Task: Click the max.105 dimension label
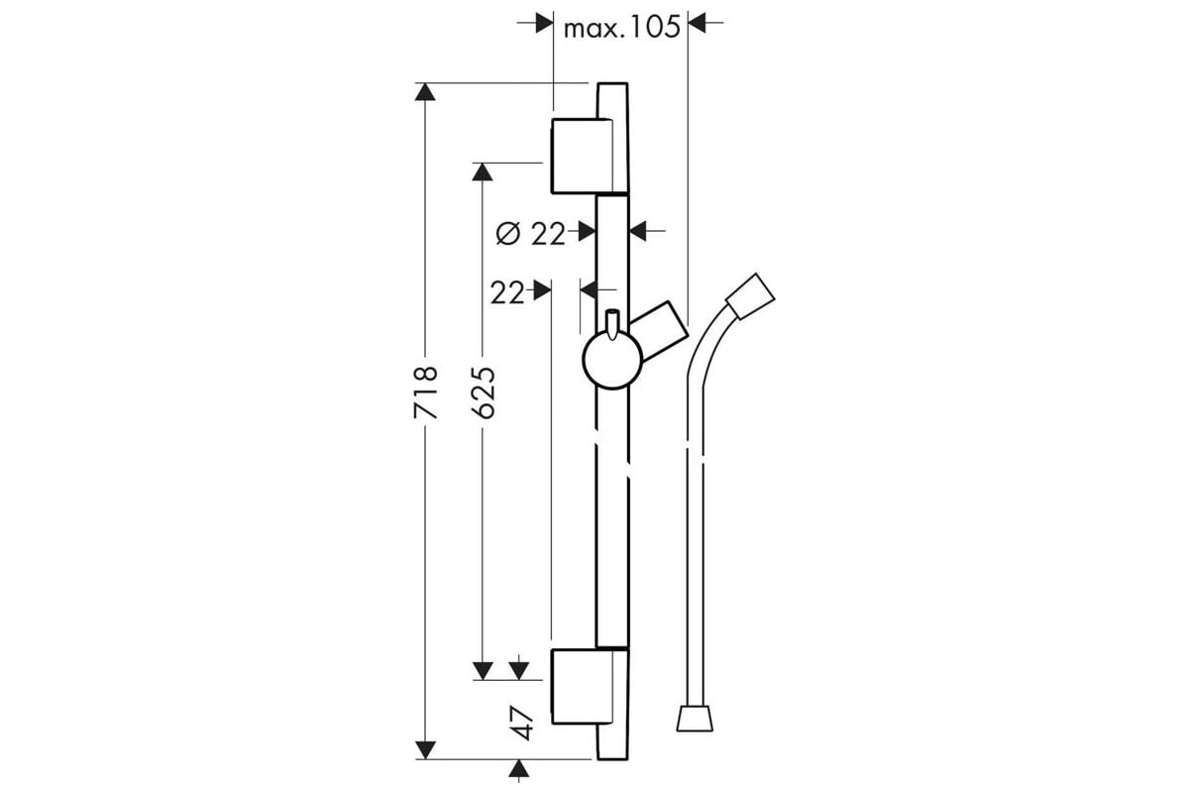621,27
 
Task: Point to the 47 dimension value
523,723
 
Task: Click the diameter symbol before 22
507,234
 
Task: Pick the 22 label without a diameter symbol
506,292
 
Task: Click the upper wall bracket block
582,156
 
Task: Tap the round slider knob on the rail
610,360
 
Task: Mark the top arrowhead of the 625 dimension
484,172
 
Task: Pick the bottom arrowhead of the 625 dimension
484,670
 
